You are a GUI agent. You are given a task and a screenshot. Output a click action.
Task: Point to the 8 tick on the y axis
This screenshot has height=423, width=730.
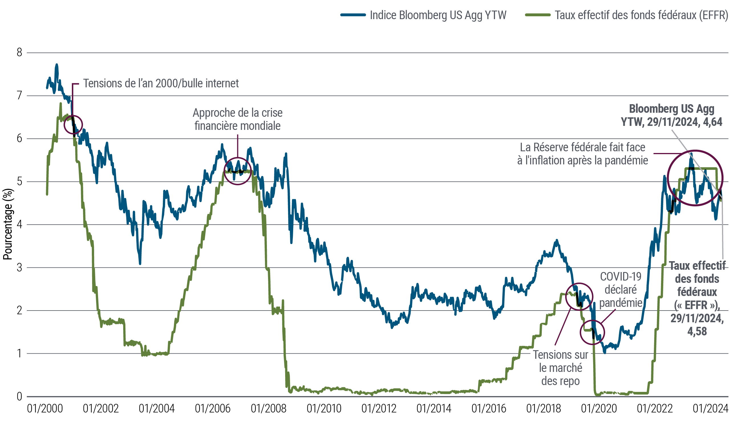(x=19, y=53)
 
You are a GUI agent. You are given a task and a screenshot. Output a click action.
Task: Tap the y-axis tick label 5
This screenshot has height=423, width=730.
(x=19, y=182)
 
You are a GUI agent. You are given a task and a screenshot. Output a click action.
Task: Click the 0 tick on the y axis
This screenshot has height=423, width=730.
(x=19, y=396)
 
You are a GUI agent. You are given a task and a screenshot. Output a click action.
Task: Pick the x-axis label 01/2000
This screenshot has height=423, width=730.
(x=45, y=409)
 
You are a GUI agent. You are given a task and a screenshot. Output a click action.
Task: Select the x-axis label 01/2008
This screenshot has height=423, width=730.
(x=269, y=409)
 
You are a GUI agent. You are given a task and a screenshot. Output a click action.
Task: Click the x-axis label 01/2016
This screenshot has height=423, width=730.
(x=489, y=409)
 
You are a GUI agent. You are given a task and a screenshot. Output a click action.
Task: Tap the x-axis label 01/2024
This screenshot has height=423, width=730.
(x=710, y=409)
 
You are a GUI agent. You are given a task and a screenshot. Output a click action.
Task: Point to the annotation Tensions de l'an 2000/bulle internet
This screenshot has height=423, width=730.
(x=161, y=84)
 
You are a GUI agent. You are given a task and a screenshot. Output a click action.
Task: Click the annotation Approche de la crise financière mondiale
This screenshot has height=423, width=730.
(x=238, y=119)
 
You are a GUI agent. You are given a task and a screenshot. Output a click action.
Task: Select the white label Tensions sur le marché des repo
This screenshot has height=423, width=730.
(x=561, y=368)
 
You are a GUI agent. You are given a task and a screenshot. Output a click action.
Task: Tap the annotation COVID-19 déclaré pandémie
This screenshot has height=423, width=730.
(x=620, y=290)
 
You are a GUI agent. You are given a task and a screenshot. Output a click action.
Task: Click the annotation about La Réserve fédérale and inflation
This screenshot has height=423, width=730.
(x=583, y=154)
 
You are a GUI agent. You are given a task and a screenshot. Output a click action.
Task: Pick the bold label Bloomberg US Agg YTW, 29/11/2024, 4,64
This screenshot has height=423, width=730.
(x=672, y=115)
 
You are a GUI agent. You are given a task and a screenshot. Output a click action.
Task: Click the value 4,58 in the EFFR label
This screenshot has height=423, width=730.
(x=697, y=331)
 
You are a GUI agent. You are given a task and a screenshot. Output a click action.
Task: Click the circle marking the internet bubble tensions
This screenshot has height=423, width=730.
(x=73, y=125)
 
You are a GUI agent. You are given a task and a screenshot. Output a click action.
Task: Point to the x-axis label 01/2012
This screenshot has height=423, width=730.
(x=379, y=409)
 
